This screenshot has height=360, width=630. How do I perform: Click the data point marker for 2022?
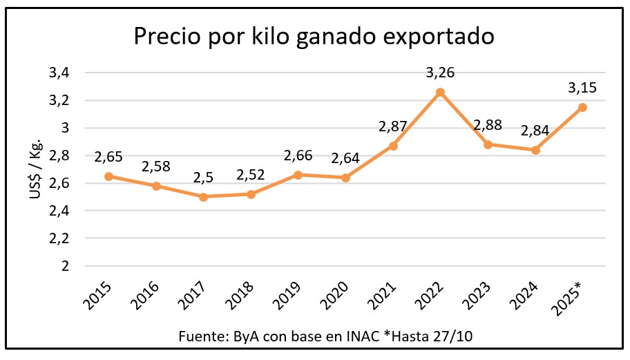441,92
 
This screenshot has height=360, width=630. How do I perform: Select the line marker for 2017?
204,197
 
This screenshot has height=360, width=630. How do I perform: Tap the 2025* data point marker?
582,107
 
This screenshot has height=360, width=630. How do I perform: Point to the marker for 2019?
298,175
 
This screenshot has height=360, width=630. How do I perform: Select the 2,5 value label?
204,178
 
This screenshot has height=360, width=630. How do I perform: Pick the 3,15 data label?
582,88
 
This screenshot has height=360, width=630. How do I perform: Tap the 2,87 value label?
393,126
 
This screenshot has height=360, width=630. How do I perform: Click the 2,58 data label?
156,167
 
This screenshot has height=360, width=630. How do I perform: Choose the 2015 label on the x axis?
101,291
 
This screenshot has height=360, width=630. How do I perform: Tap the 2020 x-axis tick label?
338,291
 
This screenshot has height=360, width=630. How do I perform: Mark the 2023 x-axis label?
479,291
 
